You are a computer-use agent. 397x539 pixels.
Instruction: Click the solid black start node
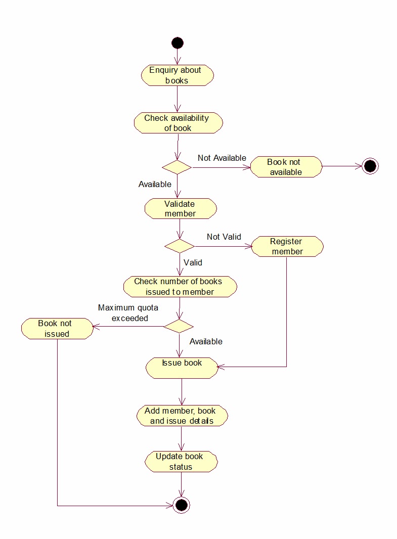(x=177, y=43)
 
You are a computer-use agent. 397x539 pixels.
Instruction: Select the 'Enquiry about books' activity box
(x=177, y=75)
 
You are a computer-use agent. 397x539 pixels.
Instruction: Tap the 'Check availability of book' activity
(x=178, y=123)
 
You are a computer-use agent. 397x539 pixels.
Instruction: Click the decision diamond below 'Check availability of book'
(x=177, y=167)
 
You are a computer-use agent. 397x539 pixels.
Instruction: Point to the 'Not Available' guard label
(x=222, y=158)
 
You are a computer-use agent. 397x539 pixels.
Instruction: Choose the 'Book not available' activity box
(x=286, y=167)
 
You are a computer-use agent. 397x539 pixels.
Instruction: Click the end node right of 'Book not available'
(x=370, y=166)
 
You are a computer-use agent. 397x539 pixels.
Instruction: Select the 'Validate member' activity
(x=180, y=208)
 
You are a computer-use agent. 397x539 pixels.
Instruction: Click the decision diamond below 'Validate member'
(x=180, y=246)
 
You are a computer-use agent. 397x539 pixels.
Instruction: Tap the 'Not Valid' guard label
(x=224, y=237)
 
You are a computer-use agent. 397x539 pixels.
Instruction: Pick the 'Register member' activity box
(x=287, y=246)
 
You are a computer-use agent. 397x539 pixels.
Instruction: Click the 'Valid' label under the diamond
(x=193, y=262)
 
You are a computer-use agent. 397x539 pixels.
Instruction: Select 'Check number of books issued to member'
(x=180, y=287)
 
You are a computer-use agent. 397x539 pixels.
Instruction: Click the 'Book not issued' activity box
(x=57, y=328)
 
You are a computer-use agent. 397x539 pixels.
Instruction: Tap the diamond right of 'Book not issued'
(x=179, y=326)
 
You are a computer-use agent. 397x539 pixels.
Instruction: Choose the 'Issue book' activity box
(x=182, y=368)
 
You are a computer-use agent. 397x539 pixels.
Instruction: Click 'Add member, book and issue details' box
(x=182, y=416)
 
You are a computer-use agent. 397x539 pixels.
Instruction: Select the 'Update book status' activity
(x=181, y=462)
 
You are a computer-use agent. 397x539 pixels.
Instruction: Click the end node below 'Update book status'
(x=181, y=505)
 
